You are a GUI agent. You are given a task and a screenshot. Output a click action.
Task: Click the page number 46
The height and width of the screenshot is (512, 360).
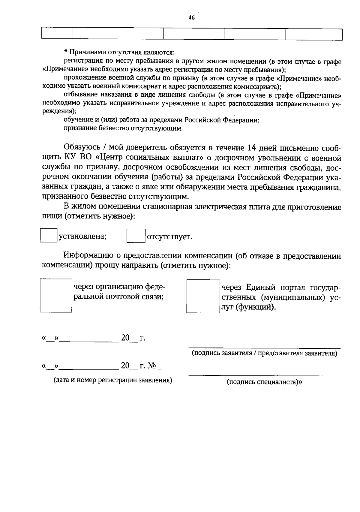point(191,18)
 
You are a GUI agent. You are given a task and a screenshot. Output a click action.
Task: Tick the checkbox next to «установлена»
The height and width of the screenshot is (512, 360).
point(49,236)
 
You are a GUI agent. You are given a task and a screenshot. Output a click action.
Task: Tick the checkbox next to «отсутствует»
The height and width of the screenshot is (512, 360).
point(136,236)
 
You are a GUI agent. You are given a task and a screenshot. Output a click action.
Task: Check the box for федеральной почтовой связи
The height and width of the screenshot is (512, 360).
point(56,296)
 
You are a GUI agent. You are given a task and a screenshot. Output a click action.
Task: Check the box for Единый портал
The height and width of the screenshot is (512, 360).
point(203,296)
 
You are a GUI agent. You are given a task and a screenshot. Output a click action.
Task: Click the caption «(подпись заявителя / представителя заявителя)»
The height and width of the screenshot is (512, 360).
point(264,353)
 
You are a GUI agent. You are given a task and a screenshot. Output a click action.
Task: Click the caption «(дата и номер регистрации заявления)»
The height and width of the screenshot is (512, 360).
point(113,380)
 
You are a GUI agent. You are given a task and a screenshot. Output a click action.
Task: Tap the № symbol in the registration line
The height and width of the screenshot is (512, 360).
point(152,366)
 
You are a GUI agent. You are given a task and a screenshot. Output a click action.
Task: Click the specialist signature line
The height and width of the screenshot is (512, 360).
point(264,375)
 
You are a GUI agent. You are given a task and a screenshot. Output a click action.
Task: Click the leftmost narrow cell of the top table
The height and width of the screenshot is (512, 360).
point(57,34)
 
